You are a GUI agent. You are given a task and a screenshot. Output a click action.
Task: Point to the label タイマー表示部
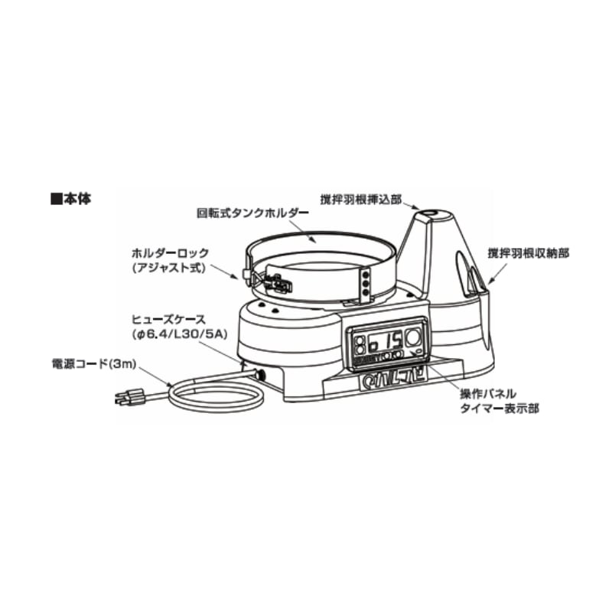[499, 409]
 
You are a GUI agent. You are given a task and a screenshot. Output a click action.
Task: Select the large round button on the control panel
[414, 337]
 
